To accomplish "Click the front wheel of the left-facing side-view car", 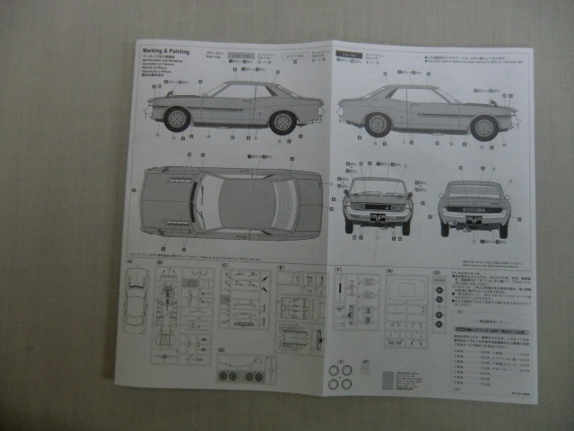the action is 178,119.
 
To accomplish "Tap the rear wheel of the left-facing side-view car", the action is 283,122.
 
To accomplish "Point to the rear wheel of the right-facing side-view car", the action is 378,124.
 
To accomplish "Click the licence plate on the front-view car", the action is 376,217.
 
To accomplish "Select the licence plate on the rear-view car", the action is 473,218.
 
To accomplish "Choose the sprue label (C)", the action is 223,267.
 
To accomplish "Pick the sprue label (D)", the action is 222,356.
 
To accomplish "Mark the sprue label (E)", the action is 281,268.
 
